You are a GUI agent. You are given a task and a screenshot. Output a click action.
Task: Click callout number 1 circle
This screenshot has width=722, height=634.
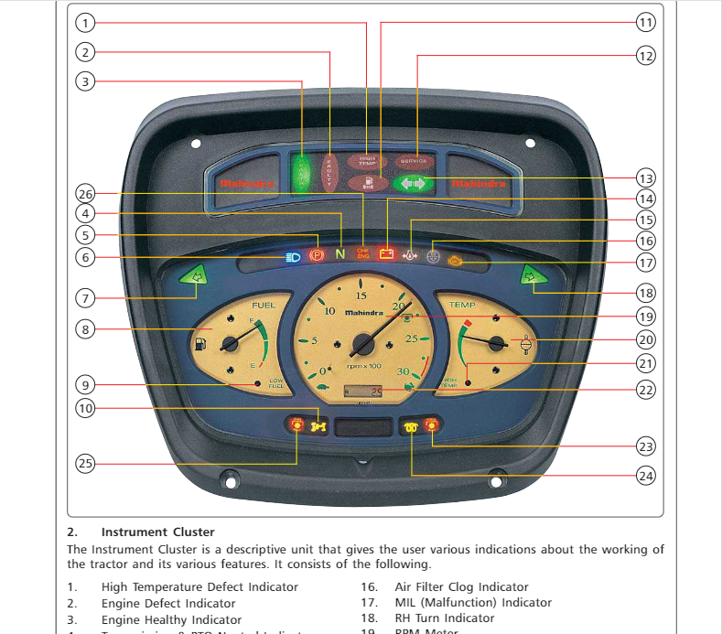click(x=85, y=22)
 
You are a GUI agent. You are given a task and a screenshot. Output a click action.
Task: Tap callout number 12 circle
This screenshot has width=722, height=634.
click(x=646, y=55)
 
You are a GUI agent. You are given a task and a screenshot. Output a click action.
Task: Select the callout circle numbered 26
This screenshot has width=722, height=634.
click(x=85, y=194)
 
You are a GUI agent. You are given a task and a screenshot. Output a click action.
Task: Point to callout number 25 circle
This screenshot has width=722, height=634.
click(x=85, y=464)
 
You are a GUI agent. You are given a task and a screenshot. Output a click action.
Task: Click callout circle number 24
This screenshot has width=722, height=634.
click(x=646, y=476)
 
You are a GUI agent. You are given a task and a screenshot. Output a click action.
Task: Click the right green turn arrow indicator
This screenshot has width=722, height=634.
click(x=529, y=275)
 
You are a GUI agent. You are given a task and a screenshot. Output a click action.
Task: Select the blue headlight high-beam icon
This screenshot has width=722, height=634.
click(x=293, y=256)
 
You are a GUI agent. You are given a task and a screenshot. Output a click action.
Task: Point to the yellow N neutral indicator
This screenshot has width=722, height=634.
click(x=339, y=253)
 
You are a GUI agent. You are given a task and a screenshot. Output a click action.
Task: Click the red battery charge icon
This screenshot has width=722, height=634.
click(x=386, y=253)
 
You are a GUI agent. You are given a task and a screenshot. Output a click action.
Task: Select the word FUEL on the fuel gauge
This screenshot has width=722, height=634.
click(x=264, y=305)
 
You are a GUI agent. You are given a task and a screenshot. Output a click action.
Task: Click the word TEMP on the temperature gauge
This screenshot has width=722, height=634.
click(x=462, y=305)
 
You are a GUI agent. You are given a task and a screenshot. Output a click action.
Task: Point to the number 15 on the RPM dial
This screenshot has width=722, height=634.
click(x=361, y=296)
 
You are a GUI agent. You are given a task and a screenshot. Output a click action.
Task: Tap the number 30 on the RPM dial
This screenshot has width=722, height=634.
click(x=404, y=371)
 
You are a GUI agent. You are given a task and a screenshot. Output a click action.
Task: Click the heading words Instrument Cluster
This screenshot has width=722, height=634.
click(x=157, y=532)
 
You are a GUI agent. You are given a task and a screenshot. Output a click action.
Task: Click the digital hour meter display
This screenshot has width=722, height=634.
click(x=362, y=392)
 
